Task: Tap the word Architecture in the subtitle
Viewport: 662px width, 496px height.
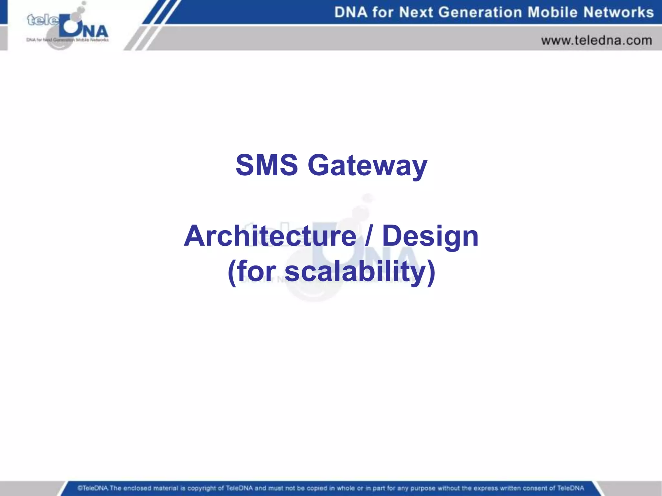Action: click(x=270, y=236)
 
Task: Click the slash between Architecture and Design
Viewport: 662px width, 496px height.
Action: click(x=369, y=236)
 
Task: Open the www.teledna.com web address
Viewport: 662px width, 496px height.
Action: click(x=596, y=41)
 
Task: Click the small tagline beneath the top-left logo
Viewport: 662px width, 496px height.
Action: click(x=67, y=40)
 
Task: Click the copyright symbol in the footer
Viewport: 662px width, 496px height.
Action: click(x=79, y=488)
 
